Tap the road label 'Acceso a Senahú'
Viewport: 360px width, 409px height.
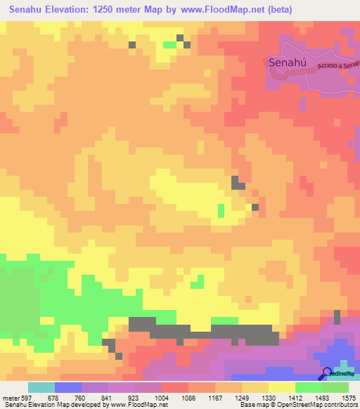click(339, 65)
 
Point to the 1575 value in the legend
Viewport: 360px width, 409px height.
click(349, 397)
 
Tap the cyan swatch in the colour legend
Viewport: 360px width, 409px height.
click(41, 387)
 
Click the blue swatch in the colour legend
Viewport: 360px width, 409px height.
click(68, 387)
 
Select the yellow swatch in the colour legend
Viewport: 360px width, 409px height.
click(282, 387)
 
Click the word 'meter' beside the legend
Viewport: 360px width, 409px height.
click(10, 397)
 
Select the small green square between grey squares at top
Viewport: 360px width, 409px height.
click(169, 45)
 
